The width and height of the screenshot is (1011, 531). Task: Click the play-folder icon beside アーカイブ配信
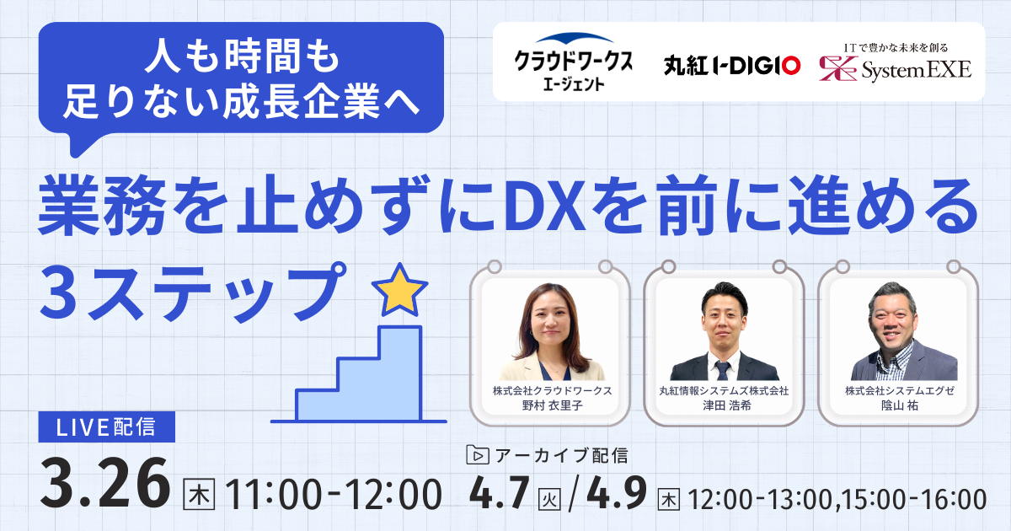[477, 455]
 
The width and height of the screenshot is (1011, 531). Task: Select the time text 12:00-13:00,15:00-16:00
[837, 499]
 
